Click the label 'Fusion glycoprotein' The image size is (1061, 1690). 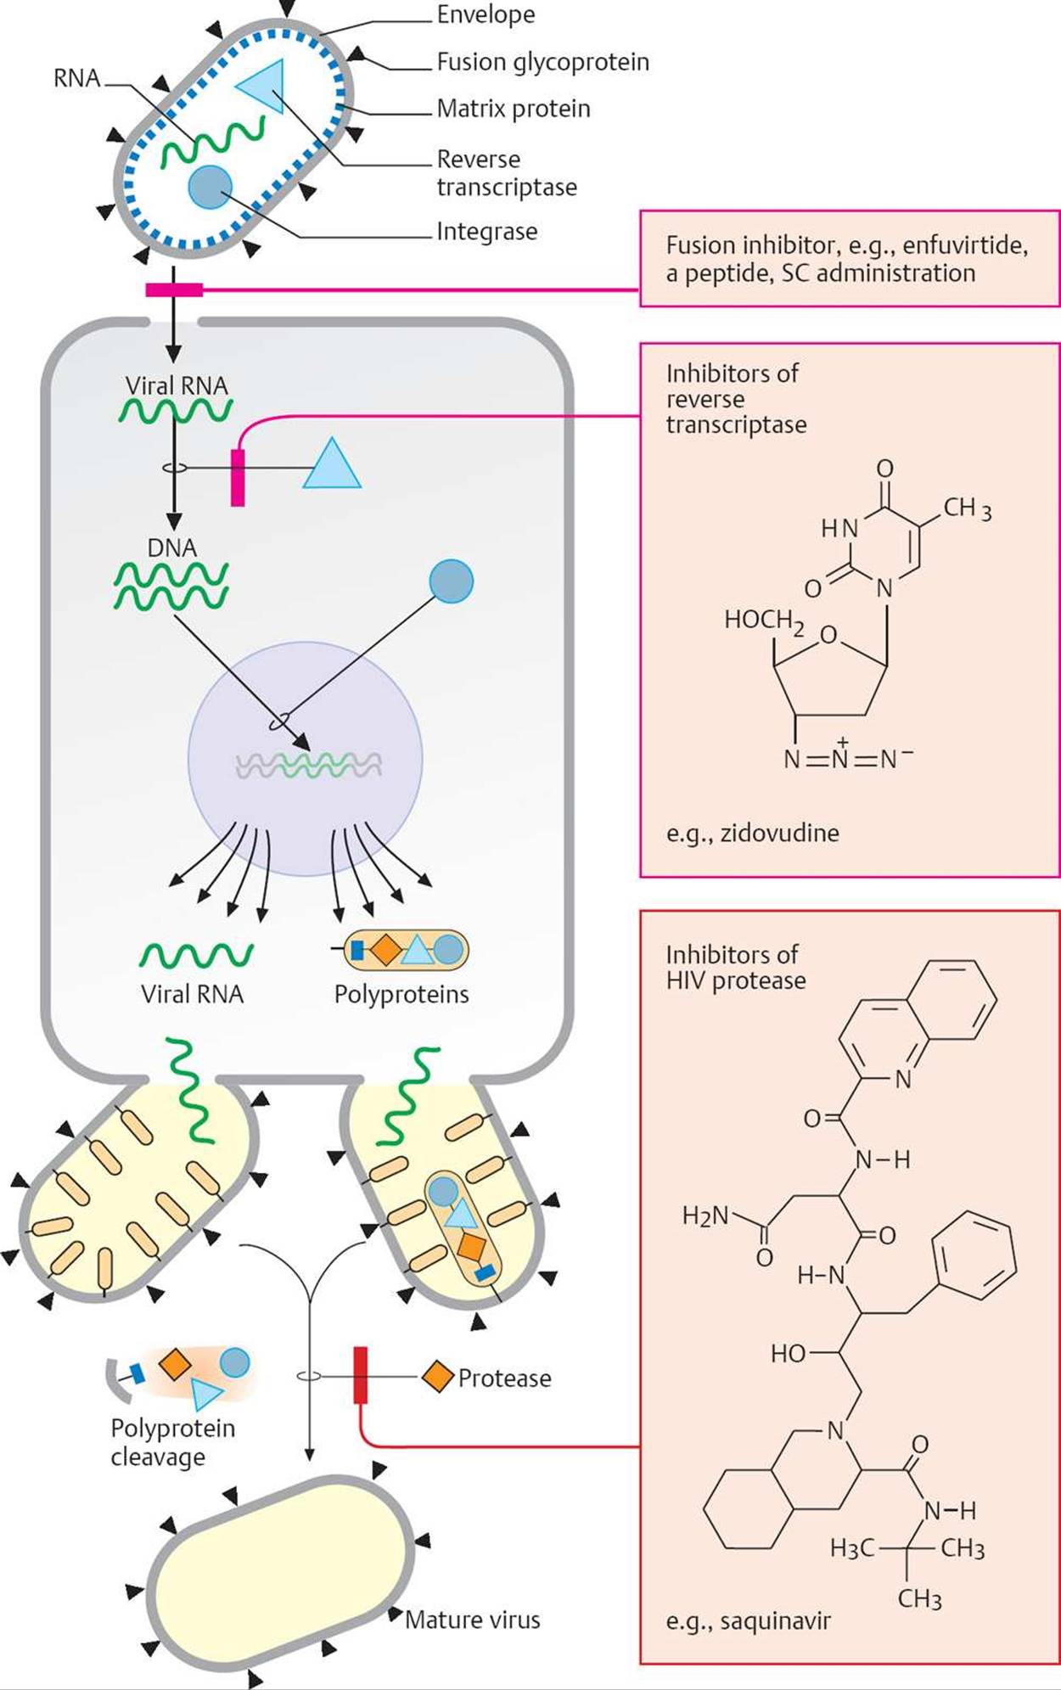click(542, 62)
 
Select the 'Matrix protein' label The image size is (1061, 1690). click(513, 109)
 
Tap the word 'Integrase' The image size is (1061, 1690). click(486, 231)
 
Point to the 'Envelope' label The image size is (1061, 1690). click(486, 14)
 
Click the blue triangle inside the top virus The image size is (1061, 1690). click(263, 85)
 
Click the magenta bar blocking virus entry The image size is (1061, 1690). click(174, 290)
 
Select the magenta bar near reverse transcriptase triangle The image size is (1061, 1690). click(238, 477)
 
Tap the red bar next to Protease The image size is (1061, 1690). click(360, 1374)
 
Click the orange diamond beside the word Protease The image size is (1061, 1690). click(438, 1376)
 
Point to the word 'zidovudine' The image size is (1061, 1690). click(779, 833)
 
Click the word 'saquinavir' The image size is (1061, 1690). click(775, 1620)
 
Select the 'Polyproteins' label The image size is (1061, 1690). click(401, 994)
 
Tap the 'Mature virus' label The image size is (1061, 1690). click(472, 1620)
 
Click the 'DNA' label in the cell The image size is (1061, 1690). click(171, 547)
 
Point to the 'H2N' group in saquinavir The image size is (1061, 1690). click(705, 1216)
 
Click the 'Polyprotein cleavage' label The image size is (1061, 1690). click(172, 1441)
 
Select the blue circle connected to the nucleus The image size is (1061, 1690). click(451, 581)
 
